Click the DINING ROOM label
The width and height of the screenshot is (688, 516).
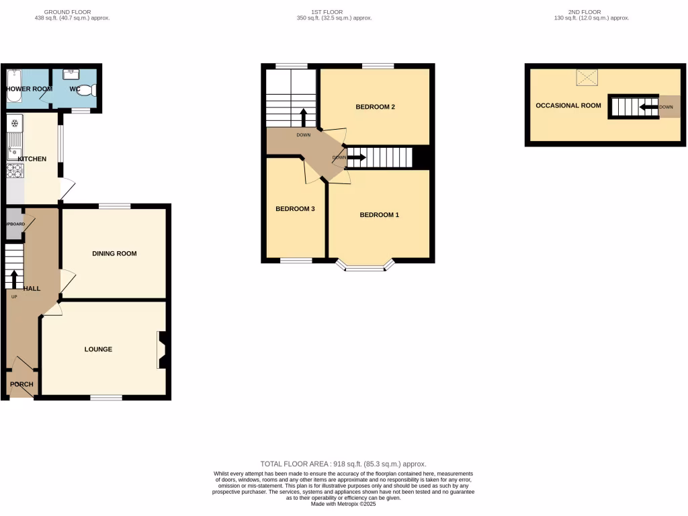(x=114, y=253)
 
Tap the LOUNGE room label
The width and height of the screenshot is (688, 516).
(x=98, y=349)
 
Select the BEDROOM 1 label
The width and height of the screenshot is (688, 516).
(x=380, y=215)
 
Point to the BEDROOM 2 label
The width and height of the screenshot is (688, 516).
(x=375, y=107)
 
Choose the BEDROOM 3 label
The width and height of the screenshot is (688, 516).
(x=295, y=209)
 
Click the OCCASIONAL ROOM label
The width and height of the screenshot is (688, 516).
(x=568, y=105)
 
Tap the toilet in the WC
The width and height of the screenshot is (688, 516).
(x=87, y=90)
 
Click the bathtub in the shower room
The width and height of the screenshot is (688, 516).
(x=15, y=87)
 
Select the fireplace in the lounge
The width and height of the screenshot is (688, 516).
(x=162, y=350)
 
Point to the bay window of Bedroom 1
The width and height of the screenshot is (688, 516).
(x=367, y=268)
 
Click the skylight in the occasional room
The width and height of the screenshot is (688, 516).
(x=587, y=78)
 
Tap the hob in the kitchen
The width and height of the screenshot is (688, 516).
(x=15, y=171)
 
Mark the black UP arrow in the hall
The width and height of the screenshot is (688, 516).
(x=14, y=278)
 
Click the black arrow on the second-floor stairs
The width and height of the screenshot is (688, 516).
(x=648, y=107)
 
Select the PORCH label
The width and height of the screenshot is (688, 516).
(x=21, y=384)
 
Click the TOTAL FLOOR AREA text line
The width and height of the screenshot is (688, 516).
(x=343, y=464)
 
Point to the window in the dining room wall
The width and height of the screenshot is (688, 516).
(x=114, y=206)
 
